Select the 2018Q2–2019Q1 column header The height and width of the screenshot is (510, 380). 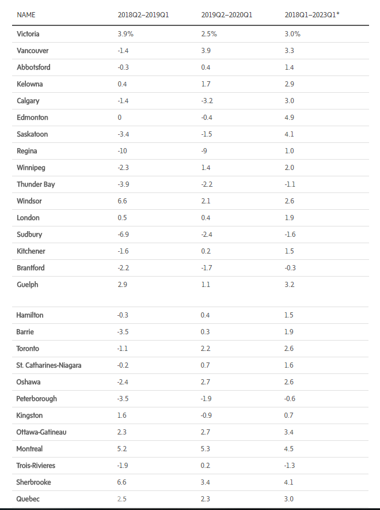[x=143, y=14]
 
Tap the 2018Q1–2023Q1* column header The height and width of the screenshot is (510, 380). [x=311, y=14]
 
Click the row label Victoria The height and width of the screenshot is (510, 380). [x=29, y=34]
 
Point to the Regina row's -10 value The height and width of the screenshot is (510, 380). [x=122, y=151]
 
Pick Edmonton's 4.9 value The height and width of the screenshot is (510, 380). [x=289, y=118]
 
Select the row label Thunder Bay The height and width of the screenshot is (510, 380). [x=36, y=184]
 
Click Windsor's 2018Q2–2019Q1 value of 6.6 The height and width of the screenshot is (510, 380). [x=122, y=201]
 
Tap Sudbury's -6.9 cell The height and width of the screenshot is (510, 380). [x=123, y=235]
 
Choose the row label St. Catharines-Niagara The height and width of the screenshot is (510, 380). [x=49, y=365]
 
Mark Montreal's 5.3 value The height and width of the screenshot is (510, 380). [x=206, y=449]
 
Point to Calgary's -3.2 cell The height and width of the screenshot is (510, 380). [x=207, y=101]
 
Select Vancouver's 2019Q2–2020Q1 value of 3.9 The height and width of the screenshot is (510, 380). [x=206, y=51]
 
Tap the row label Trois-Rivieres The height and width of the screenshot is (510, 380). [x=36, y=466]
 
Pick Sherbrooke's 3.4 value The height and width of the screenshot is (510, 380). [x=206, y=482]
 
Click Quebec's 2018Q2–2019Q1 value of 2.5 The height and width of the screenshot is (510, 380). [x=122, y=499]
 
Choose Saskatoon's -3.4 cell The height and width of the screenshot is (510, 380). [x=123, y=134]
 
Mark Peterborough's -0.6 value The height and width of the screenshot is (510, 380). [x=290, y=399]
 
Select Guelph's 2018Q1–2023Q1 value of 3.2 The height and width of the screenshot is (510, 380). [x=289, y=285]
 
